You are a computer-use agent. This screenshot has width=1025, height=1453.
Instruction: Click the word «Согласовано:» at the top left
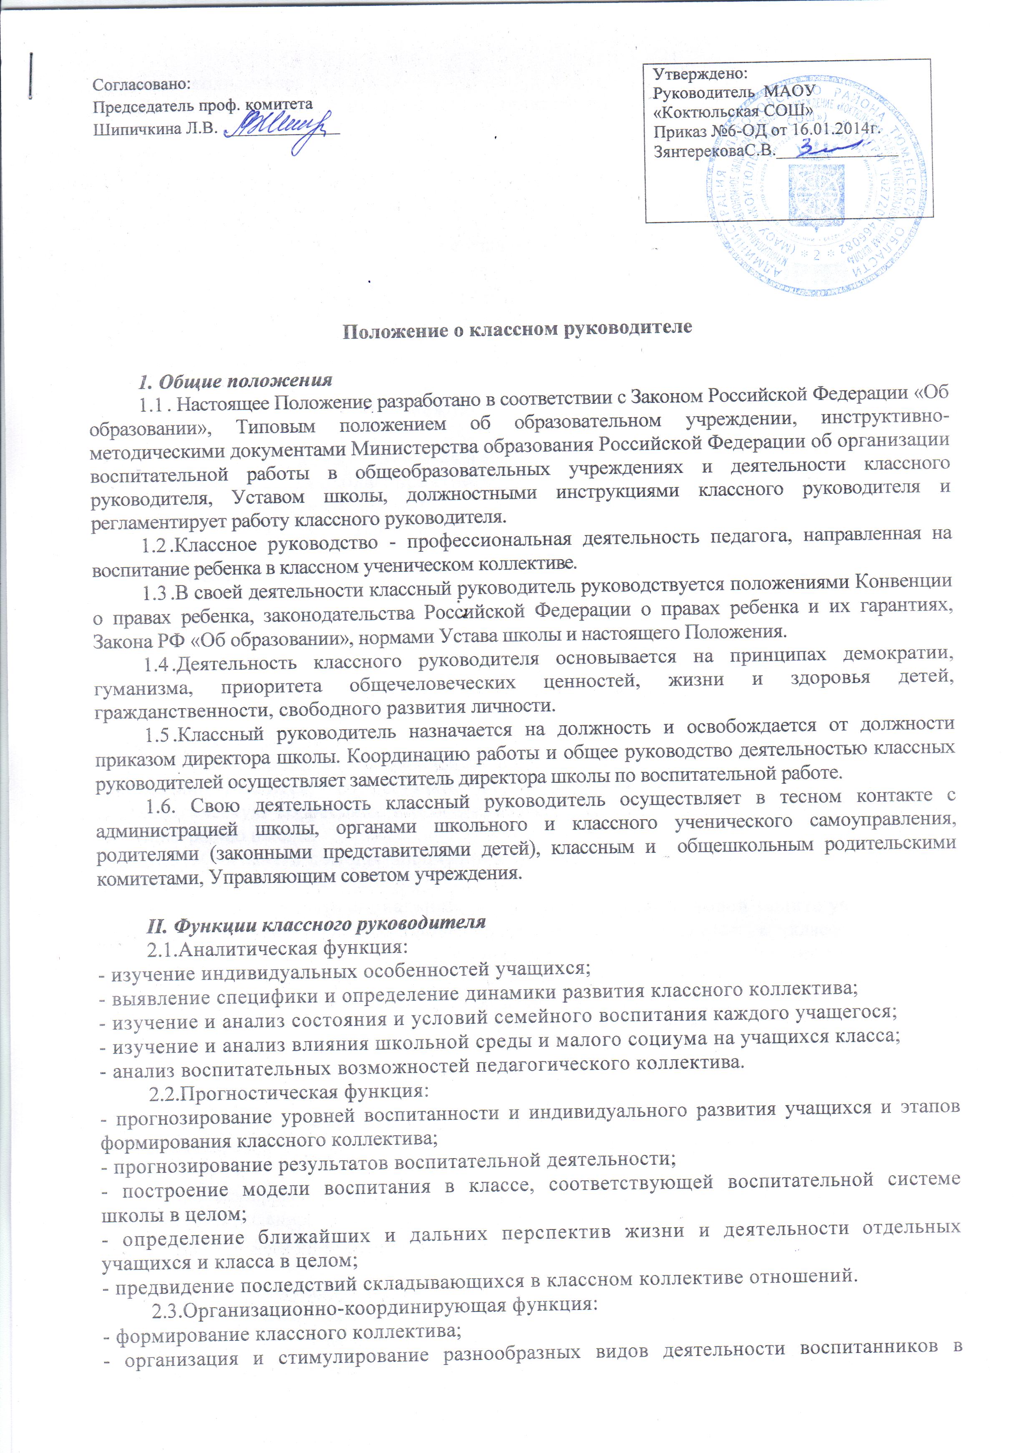coord(141,83)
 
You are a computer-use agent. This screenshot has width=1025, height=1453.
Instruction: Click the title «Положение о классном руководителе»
coord(517,329)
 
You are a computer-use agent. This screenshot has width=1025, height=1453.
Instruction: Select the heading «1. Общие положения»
coord(236,381)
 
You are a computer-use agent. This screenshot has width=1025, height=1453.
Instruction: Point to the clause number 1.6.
coord(159,806)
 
